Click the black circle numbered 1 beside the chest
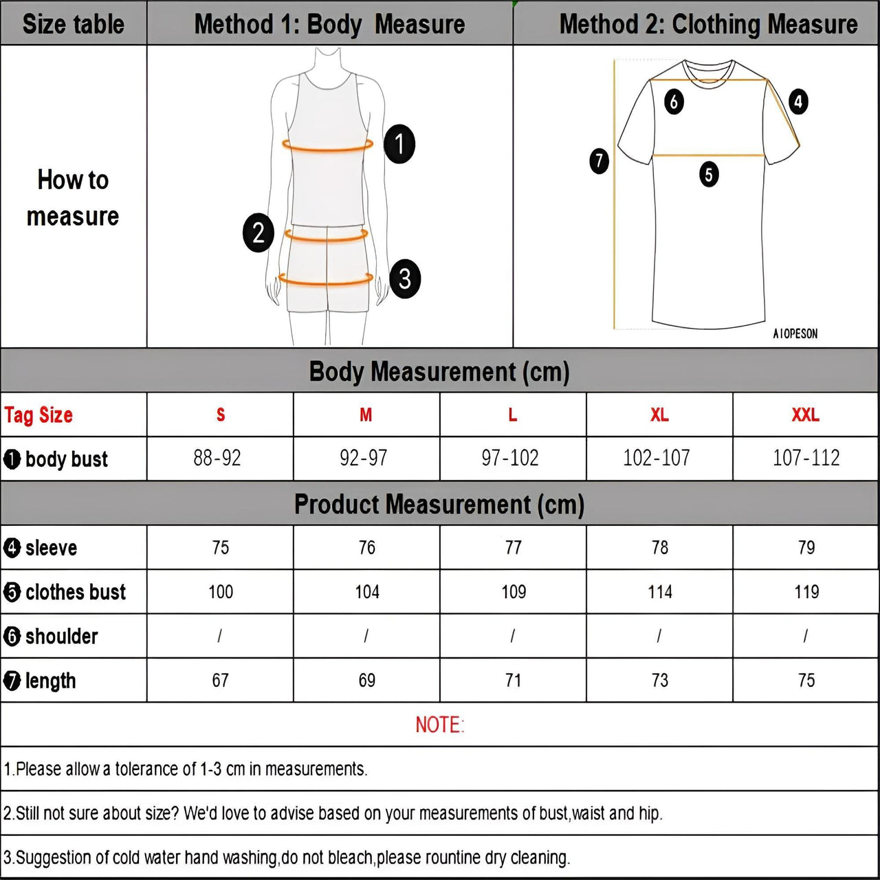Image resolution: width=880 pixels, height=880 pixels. [399, 144]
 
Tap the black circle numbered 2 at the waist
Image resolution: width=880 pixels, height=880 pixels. [258, 232]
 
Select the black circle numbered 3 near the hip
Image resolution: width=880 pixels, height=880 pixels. [405, 278]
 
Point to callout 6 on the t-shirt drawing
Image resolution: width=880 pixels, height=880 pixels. [674, 102]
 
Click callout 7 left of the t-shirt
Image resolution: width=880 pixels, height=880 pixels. [599, 161]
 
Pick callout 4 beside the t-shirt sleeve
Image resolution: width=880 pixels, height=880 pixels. [797, 102]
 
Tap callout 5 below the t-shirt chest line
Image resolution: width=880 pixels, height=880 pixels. [709, 174]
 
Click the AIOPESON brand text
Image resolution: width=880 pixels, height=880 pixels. [795, 333]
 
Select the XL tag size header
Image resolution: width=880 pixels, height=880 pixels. [659, 415]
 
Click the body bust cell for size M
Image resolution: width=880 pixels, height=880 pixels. [364, 458]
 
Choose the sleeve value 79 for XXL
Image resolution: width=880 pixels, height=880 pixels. [806, 547]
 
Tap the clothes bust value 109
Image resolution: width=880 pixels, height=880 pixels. [514, 591]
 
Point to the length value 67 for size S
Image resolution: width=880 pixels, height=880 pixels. [220, 680]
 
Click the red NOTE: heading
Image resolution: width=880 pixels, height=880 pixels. [440, 725]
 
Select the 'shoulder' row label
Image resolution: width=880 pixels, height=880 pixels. [61, 636]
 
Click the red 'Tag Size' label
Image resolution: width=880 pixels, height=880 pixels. [38, 415]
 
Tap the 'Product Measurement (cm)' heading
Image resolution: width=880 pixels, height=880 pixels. [439, 504]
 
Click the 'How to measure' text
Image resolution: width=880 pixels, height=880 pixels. [73, 198]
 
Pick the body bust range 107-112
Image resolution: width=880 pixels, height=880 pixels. [806, 458]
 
